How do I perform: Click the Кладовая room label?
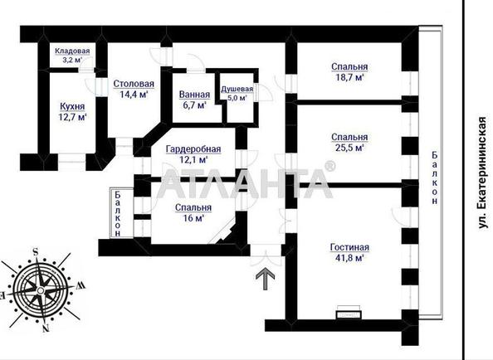pos(72,51)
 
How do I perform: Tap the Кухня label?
pos(72,106)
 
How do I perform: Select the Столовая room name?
pos(134,84)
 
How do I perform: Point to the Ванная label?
pos(194,95)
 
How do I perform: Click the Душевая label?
pos(237,89)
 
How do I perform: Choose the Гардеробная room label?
pos(193,149)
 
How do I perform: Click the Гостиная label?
pos(349,247)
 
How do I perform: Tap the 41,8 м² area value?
pos(349,258)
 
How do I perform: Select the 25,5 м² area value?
pos(349,148)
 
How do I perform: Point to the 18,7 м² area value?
pos(349,77)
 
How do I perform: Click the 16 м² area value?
pos(193,218)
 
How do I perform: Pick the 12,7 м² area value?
pos(72,117)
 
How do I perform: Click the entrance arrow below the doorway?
pos(266,279)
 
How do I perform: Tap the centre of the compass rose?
pos(41,289)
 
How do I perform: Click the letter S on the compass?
pos(36,251)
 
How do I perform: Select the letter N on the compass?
pos(46,328)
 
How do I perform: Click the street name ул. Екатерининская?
pos(482,173)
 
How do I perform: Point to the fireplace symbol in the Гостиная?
pos(349,312)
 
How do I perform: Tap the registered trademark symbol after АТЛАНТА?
pos(329,166)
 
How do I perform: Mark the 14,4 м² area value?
pos(134,95)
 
